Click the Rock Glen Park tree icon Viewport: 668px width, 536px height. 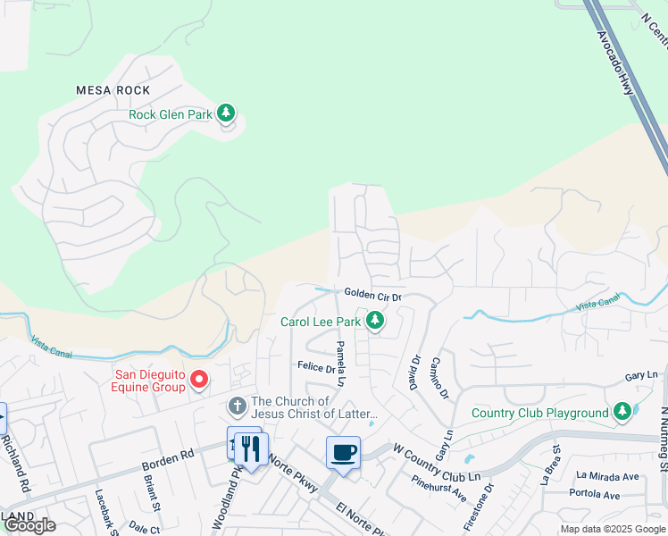click(227, 113)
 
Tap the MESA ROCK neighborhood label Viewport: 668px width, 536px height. click(113, 90)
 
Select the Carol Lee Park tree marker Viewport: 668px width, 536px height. click(376, 320)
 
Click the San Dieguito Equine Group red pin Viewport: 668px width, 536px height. click(200, 380)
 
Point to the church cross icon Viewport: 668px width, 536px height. click(237, 406)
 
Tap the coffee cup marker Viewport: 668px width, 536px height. click(343, 452)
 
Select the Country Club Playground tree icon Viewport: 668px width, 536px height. click(622, 412)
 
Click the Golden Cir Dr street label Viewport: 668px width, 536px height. click(373, 295)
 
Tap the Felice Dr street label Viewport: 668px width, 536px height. click(315, 367)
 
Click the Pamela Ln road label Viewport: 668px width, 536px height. click(340, 361)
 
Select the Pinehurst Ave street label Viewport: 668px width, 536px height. click(439, 488)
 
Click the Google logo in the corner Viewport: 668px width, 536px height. click(29, 525)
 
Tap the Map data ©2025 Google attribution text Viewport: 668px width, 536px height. click(613, 529)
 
